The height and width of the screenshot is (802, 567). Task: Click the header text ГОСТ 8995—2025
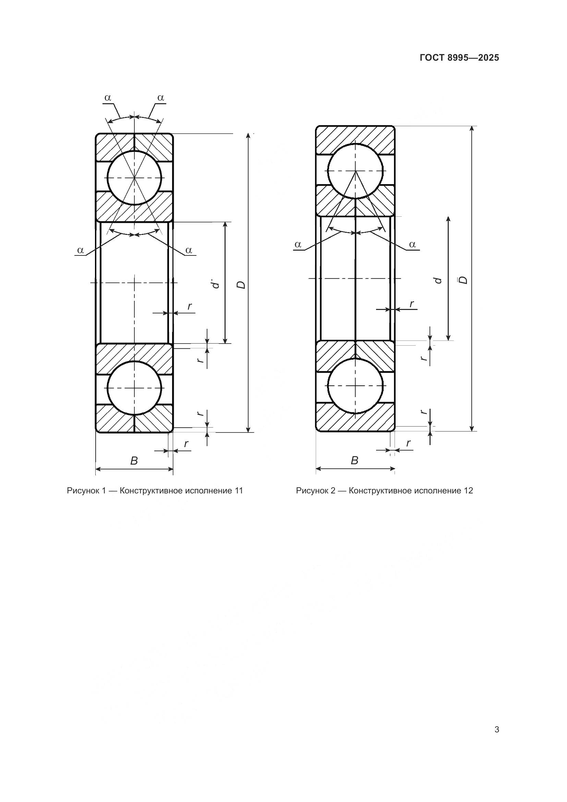(459, 58)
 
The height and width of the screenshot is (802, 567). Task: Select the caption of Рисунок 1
(155, 491)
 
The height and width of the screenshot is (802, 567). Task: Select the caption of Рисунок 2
(384, 491)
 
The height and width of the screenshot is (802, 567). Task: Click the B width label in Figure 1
(134, 461)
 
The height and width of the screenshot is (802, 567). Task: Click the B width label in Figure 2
(354, 461)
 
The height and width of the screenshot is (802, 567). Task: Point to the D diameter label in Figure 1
(241, 285)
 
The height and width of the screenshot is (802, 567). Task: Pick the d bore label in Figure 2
(437, 280)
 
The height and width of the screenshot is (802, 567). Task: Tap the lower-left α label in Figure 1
(81, 250)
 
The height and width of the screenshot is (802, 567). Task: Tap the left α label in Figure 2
(298, 244)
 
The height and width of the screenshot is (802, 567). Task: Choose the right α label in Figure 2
(412, 244)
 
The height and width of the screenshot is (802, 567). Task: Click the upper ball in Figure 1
(134, 178)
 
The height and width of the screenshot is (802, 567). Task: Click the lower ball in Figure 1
(134, 388)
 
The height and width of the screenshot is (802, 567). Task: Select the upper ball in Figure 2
(355, 171)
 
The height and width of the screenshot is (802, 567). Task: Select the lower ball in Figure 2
(355, 386)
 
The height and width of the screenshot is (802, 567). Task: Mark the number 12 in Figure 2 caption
(469, 491)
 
